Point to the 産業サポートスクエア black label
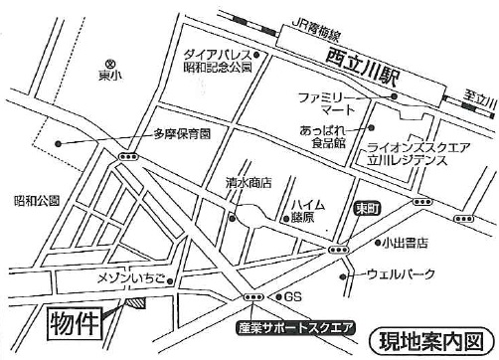tap(294, 325)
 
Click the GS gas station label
tap(291, 297)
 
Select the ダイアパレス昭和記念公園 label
tap(217, 62)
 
